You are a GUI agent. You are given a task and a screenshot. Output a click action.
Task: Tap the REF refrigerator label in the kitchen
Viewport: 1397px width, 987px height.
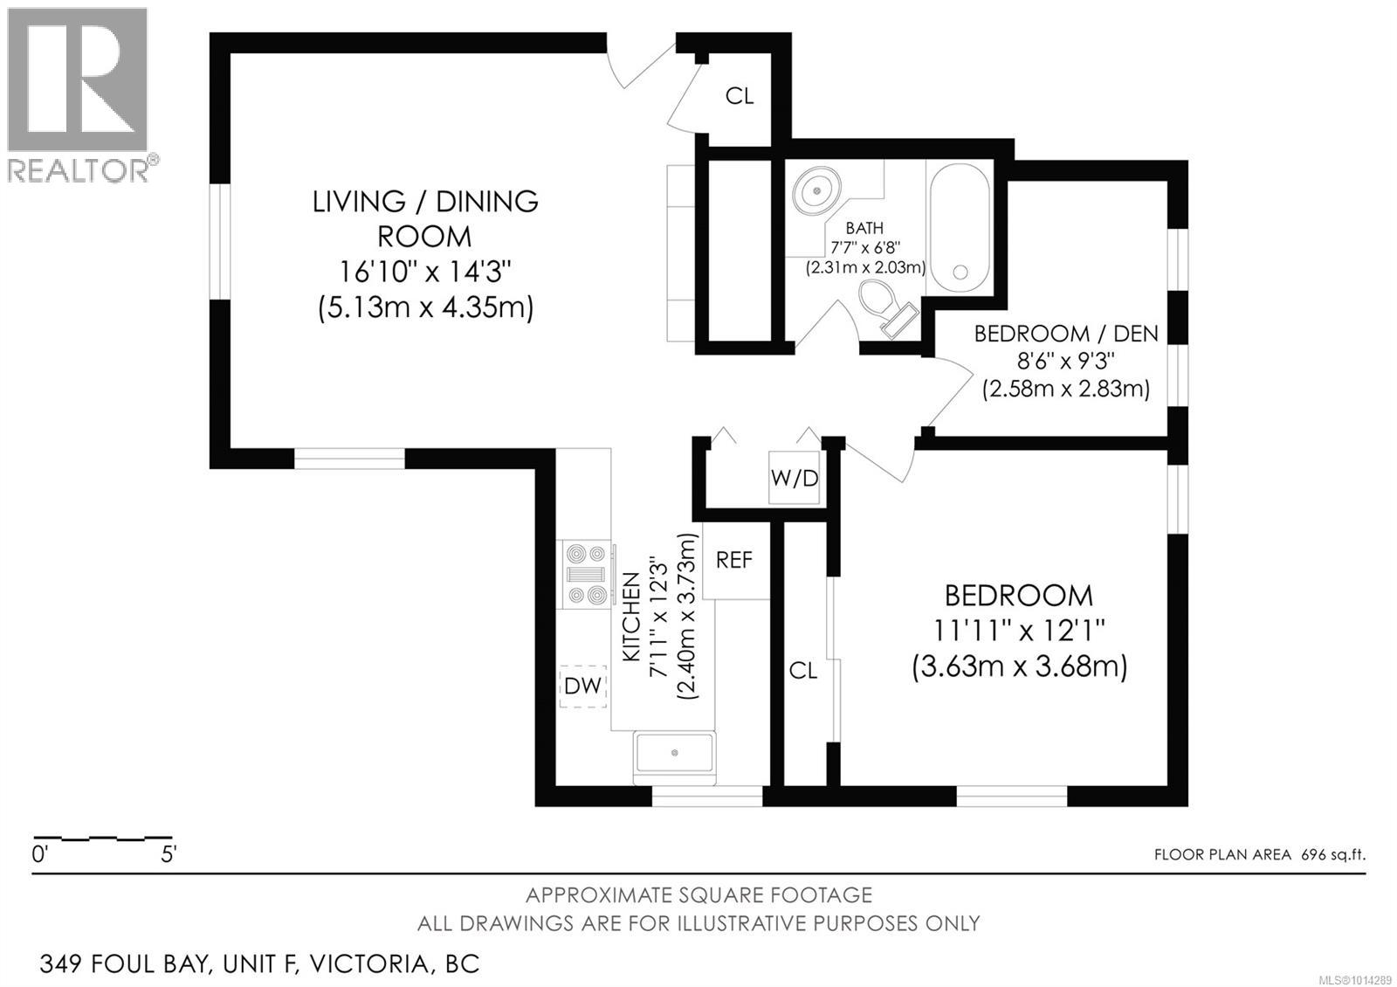pos(734,560)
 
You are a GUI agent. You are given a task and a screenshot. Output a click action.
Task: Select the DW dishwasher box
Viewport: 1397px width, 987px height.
pos(582,686)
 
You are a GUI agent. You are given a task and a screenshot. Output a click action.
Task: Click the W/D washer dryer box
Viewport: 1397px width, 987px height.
pos(794,478)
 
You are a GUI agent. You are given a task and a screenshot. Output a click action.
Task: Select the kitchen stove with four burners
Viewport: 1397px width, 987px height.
pos(586,574)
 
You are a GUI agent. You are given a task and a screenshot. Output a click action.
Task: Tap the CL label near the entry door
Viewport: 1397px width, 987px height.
pos(740,96)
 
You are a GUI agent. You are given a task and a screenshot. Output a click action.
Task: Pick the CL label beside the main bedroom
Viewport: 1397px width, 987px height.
pos(802,671)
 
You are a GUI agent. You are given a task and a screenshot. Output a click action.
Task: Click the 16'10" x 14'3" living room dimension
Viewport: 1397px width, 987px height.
pos(424,272)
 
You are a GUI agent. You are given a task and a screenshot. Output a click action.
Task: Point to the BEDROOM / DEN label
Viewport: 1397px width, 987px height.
pos(1066,334)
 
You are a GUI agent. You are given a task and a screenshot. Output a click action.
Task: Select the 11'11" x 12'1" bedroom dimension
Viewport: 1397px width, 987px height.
pos(1018,631)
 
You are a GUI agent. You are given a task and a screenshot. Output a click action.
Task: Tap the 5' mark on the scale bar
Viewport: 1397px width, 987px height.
pos(169,854)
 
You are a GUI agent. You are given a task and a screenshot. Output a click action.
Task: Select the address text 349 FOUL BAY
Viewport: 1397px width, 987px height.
pos(123,964)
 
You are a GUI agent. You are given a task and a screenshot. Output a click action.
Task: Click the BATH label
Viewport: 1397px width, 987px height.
pos(864,228)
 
